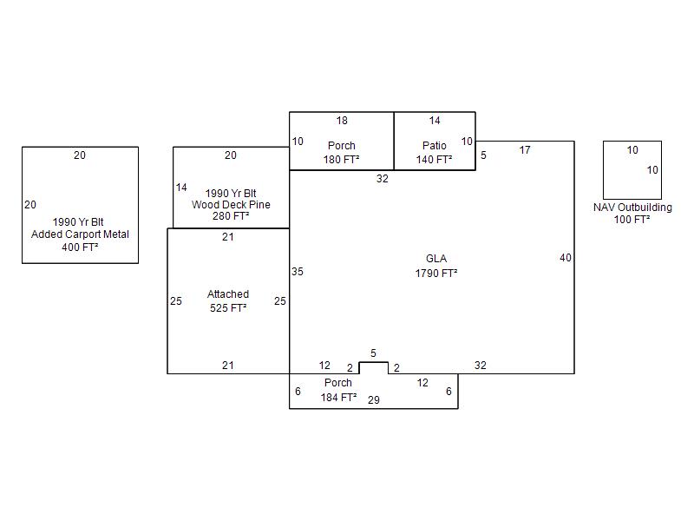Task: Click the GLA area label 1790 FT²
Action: tap(436, 273)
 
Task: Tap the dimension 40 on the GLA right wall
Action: tap(566, 258)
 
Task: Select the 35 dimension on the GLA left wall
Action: tap(298, 272)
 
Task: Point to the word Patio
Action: tap(435, 145)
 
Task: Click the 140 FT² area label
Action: tap(434, 160)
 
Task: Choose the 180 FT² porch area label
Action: tap(342, 160)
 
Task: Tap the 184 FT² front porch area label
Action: tap(339, 398)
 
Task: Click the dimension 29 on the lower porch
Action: tap(374, 399)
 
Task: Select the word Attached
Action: tap(228, 294)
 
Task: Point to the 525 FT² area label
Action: tap(228, 308)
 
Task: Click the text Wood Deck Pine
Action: tap(231, 205)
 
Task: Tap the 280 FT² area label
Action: tap(231, 217)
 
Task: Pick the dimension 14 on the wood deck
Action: tap(181, 188)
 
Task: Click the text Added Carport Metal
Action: tap(80, 234)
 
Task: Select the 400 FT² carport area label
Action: tap(80, 247)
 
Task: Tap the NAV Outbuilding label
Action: tap(632, 208)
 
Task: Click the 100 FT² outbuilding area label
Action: tap(632, 220)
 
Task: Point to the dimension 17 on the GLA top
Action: tap(525, 150)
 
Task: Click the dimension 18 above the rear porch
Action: tap(342, 121)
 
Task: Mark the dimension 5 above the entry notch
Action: tap(374, 353)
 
